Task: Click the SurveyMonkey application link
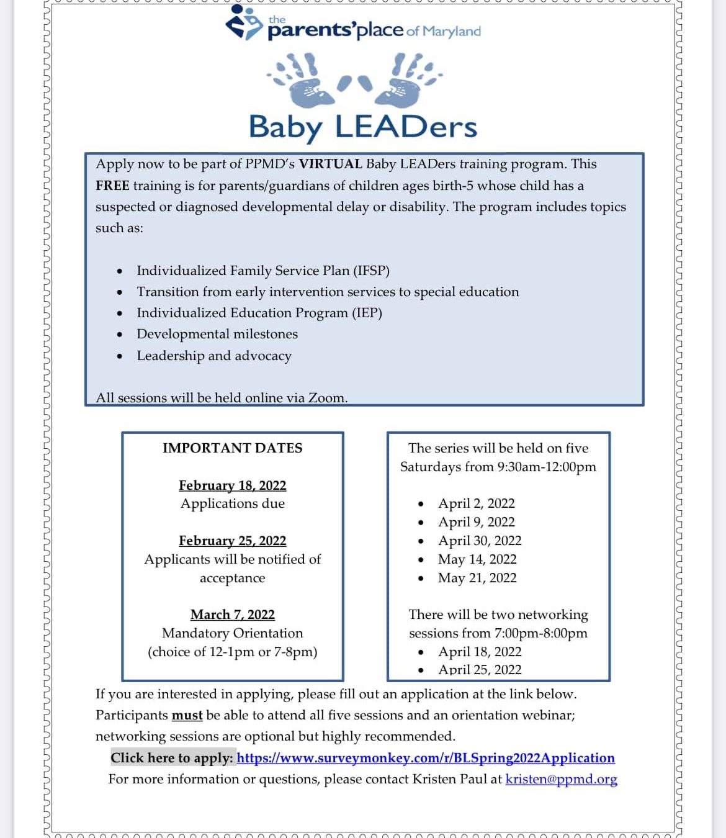tap(426, 758)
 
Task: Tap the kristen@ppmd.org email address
tap(561, 779)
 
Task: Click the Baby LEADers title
tap(363, 127)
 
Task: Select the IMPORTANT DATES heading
tap(233, 448)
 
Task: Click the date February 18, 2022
tap(233, 485)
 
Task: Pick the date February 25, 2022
tap(233, 541)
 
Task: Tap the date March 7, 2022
tap(233, 615)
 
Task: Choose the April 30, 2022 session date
tap(480, 541)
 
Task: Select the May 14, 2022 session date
tap(477, 559)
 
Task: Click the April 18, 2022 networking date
tap(480, 652)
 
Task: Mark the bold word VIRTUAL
tap(330, 164)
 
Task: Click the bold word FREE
tap(112, 186)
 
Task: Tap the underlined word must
tap(187, 715)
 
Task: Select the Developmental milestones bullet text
tap(217, 334)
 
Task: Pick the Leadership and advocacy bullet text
tap(214, 356)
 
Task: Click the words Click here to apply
tap(172, 758)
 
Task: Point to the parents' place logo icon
tap(243, 23)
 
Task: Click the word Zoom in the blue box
tap(326, 398)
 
